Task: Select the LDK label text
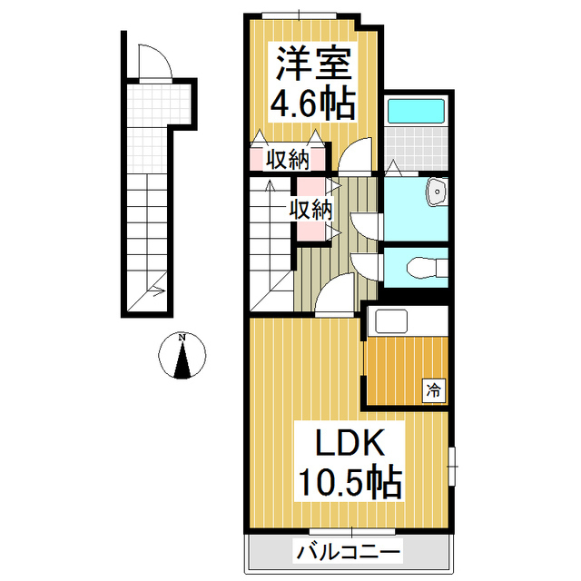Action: coord(350,444)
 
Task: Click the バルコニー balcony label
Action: coord(349,551)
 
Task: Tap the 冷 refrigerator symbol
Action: coord(434,391)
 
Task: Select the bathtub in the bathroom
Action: coord(415,112)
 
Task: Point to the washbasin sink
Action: coord(438,192)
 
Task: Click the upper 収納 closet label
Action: coord(287,161)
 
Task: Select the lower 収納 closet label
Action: coord(311,210)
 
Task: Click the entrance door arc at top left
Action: coord(151,64)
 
